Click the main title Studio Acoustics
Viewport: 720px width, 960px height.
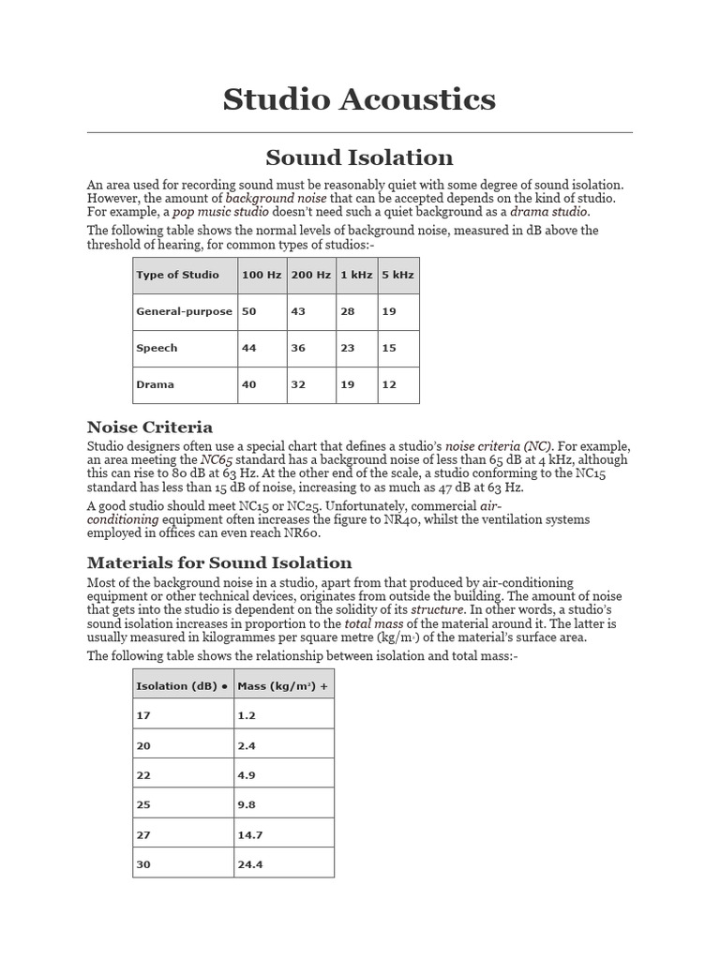tap(359, 98)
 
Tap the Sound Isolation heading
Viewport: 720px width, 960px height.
tap(359, 157)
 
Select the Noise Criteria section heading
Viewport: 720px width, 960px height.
tap(149, 427)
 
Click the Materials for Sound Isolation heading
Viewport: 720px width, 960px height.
tap(219, 562)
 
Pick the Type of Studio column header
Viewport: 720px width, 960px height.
tap(177, 275)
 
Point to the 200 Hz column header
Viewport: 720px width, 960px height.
tap(310, 275)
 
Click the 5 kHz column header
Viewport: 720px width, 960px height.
tap(397, 275)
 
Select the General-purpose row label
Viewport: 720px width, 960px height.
tap(184, 311)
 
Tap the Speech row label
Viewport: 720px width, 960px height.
tap(157, 348)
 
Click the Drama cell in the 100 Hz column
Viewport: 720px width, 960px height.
tap(248, 384)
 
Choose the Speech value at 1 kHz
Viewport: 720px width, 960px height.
tap(347, 348)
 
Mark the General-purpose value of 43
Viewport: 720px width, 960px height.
tap(298, 311)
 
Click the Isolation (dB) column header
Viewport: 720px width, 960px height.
tap(182, 686)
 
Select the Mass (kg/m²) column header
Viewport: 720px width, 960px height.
tap(282, 686)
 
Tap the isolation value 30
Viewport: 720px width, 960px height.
tap(143, 864)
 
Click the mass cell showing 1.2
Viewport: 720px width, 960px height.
tap(246, 715)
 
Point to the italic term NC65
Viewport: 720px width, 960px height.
tap(217, 460)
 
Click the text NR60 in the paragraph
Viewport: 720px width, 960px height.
tap(302, 532)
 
